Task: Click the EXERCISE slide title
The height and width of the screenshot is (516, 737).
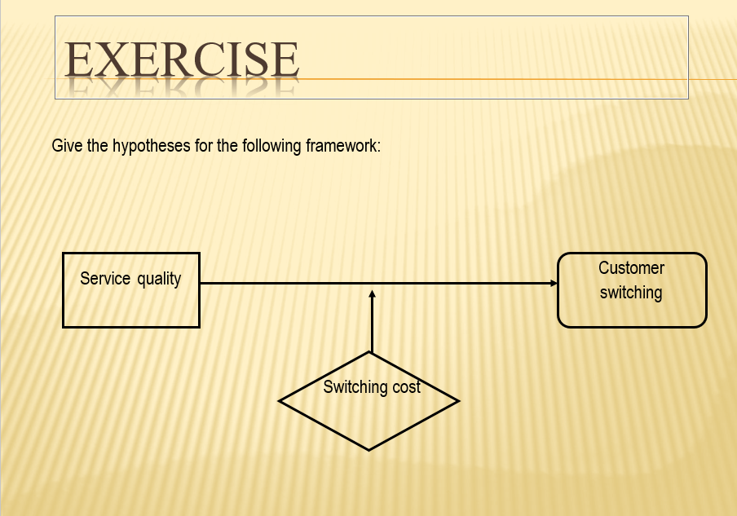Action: click(x=181, y=60)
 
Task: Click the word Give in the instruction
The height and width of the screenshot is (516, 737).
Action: click(x=66, y=147)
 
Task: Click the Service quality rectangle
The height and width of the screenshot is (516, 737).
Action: click(x=131, y=306)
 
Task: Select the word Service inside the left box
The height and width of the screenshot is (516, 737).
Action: click(x=105, y=279)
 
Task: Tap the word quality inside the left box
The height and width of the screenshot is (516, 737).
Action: click(x=159, y=279)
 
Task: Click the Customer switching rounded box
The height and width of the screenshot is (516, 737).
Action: click(x=632, y=310)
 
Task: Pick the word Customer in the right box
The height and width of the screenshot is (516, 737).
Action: click(x=632, y=268)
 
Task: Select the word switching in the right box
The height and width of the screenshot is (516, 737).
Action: click(x=631, y=292)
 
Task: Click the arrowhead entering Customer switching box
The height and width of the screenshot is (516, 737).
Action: click(x=554, y=283)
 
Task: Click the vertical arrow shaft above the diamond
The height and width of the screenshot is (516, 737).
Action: click(x=372, y=326)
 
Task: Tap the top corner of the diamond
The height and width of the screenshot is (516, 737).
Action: click(x=370, y=353)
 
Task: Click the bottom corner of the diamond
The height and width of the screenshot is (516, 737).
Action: click(x=369, y=449)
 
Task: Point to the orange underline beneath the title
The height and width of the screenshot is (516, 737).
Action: click(x=489, y=79)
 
